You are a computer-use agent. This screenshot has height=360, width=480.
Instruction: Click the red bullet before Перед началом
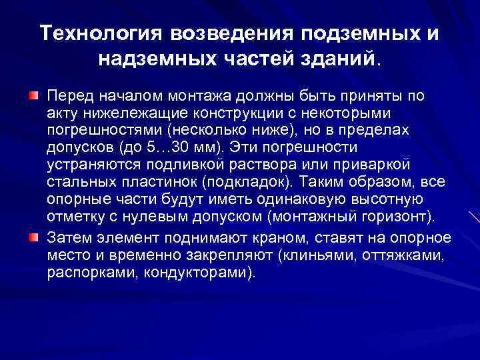pyautogui.click(x=33, y=97)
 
